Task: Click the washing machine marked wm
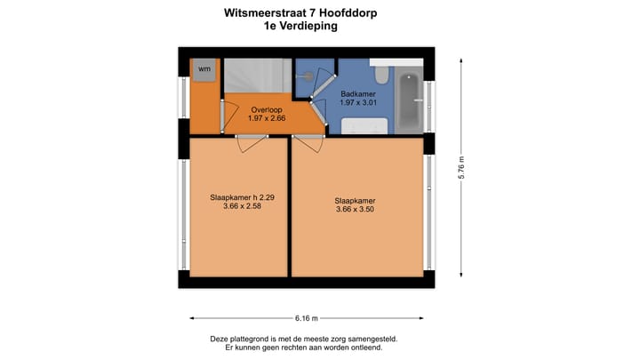click(204, 69)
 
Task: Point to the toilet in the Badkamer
click(380, 72)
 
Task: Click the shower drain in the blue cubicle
click(308, 77)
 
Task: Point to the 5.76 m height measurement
click(461, 168)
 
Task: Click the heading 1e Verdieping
click(300, 27)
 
